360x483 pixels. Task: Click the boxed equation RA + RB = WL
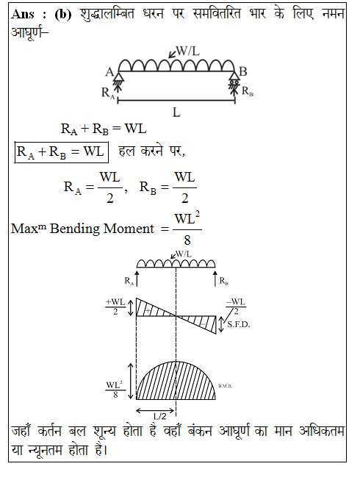[61, 152]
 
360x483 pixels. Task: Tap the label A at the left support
[109, 72]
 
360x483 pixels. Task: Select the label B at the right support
[243, 71]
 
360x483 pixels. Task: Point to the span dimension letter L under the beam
[176, 112]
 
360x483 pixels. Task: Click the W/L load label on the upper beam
[187, 51]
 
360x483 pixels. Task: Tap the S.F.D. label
[238, 325]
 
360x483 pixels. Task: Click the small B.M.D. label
[225, 386]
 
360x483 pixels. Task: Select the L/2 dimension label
[160, 416]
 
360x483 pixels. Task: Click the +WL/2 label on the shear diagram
[115, 307]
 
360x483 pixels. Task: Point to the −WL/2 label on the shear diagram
[236, 306]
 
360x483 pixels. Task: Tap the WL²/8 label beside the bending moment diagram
[115, 390]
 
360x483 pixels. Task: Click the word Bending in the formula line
[71, 229]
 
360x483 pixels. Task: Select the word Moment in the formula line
[129, 229]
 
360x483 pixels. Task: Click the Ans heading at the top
[23, 14]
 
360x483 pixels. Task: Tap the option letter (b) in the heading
[63, 15]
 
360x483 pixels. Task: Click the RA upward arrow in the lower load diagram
[137, 279]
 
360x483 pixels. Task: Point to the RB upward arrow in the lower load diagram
[215, 279]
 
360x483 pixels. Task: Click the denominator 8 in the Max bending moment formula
[187, 240]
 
